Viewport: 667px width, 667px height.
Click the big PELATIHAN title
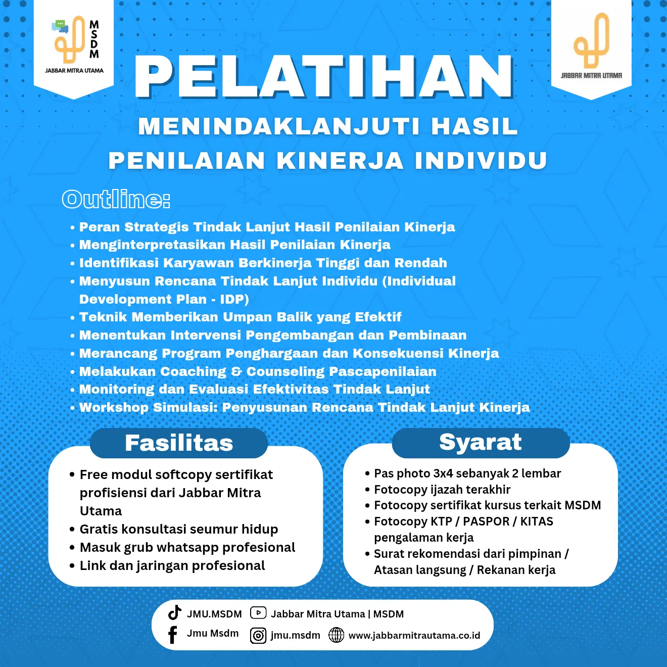[324, 77]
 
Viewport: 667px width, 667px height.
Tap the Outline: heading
[116, 199]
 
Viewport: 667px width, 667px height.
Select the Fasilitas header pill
[179, 443]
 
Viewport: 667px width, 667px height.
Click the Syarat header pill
[481, 442]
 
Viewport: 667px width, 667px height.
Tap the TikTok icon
[175, 612]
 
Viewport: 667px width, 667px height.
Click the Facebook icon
[173, 635]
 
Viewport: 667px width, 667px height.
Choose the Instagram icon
[258, 636]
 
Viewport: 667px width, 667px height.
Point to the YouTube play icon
[258, 613]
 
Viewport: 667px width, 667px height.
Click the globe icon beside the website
[337, 635]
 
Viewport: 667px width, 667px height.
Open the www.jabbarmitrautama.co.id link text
[414, 636]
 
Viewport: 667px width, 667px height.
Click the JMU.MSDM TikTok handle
[214, 614]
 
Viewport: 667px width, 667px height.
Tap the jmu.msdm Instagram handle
[295, 635]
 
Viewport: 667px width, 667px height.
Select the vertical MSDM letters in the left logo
[94, 39]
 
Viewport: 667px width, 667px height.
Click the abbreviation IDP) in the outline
[234, 299]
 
